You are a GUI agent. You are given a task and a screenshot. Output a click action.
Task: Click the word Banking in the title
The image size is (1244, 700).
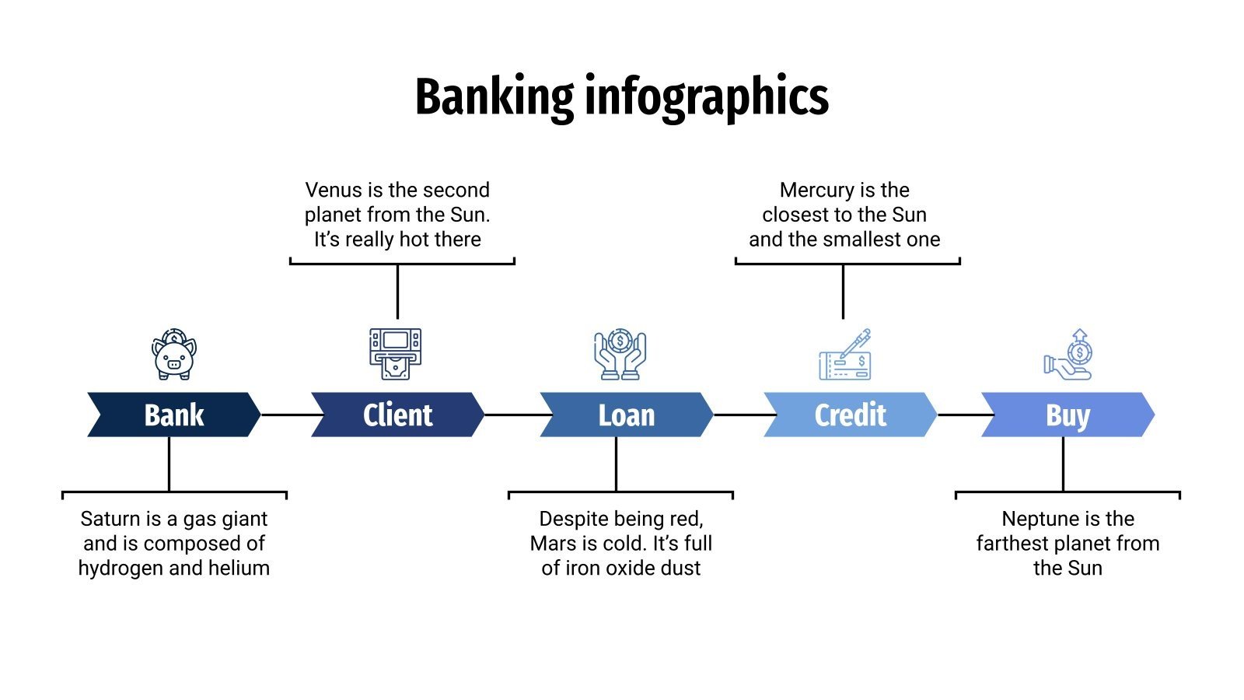coord(494,97)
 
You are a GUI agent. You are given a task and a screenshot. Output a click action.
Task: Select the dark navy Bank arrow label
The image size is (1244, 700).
coord(174,415)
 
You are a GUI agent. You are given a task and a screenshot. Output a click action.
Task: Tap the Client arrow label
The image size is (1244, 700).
coord(397,415)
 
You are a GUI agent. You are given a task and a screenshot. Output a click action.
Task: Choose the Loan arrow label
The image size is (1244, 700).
coord(626,415)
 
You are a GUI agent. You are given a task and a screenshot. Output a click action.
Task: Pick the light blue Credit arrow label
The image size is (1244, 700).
coord(850,415)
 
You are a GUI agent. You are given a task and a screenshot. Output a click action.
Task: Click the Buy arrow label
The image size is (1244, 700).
coord(1068,415)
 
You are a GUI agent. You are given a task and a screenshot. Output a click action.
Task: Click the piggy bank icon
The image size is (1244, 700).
coord(174,355)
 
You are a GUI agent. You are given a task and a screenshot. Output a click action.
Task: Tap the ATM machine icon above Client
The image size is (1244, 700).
coord(395,354)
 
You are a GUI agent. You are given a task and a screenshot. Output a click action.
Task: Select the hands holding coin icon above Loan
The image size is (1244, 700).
coord(620,355)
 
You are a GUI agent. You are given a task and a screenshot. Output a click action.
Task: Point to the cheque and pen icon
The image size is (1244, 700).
coord(845,355)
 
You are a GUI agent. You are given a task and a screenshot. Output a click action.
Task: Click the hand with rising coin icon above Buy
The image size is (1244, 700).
coord(1069,355)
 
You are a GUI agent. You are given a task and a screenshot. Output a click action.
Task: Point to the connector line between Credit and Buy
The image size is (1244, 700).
coord(960,415)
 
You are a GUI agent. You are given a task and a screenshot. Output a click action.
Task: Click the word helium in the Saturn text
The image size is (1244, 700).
coord(239,568)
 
